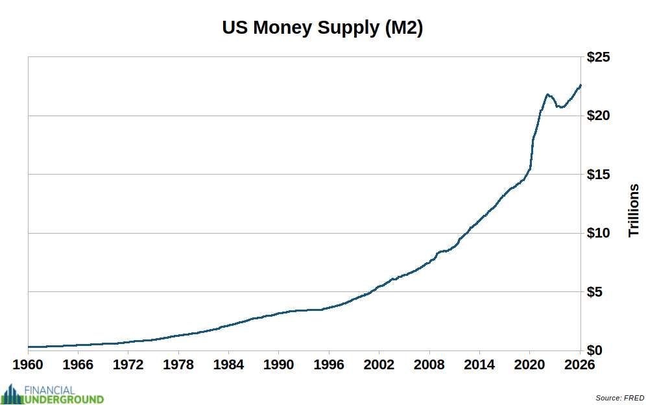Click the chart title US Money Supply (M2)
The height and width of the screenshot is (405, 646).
322,29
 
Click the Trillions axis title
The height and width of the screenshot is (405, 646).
634,210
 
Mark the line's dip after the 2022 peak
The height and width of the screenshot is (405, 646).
561,107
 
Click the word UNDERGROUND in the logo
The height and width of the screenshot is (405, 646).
64,399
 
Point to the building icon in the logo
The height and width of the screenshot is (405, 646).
10,394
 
